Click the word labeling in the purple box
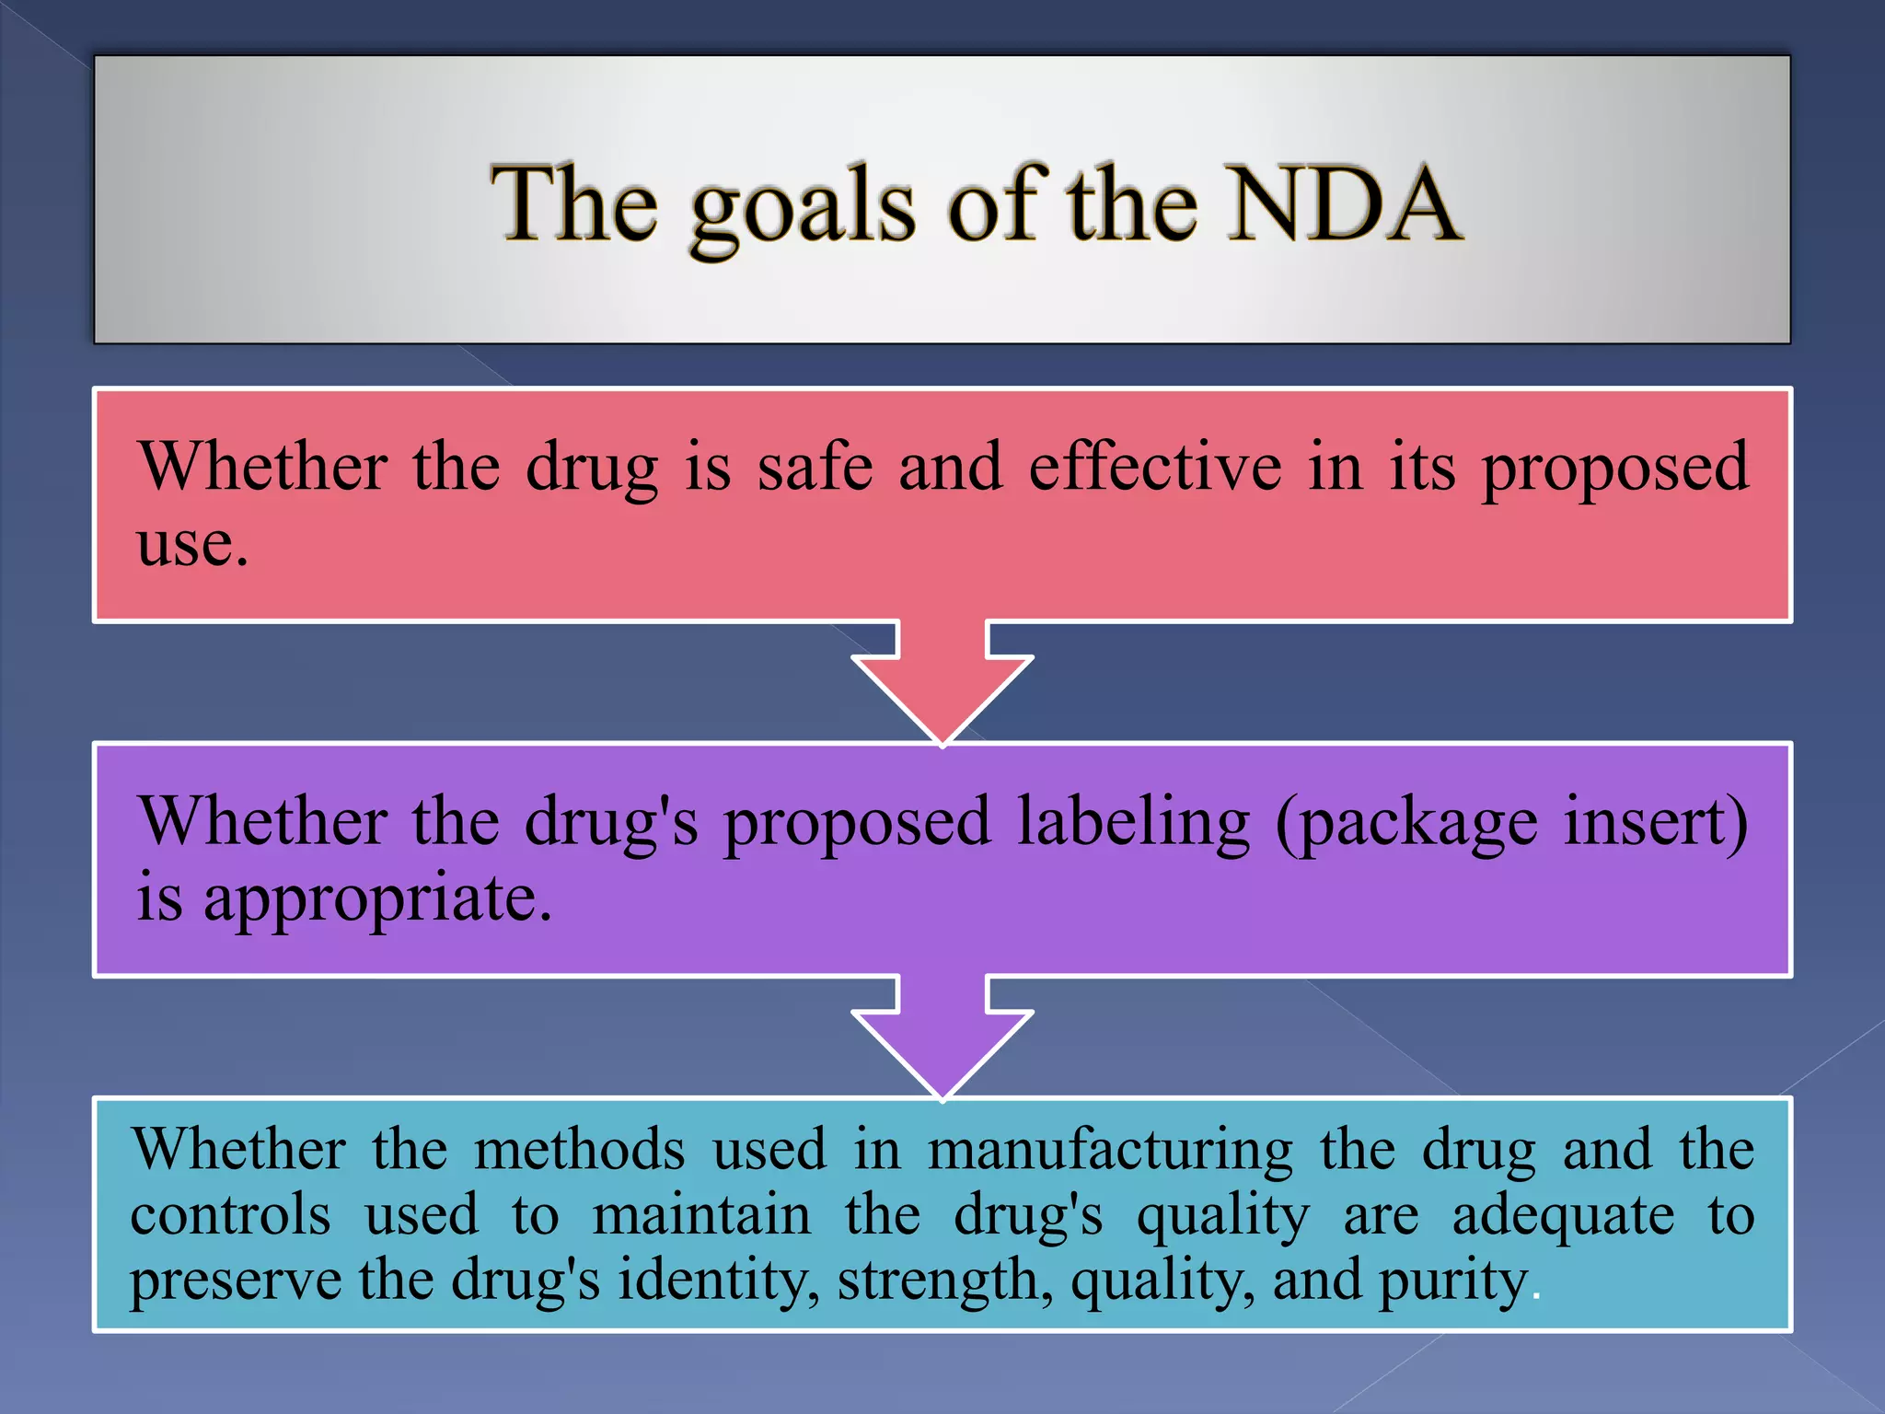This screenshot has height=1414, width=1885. coord(1133,821)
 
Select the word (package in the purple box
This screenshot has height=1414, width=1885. coord(1406,821)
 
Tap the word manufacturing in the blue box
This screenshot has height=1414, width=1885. coord(1110,1150)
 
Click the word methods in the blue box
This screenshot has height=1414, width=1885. coord(580,1150)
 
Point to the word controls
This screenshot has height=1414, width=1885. coord(230,1215)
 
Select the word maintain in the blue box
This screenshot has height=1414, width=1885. coord(701,1215)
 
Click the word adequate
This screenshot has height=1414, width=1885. coord(1563,1215)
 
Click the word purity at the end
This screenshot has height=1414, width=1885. coord(1453,1281)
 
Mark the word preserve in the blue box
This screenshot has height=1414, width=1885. coord(235,1281)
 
